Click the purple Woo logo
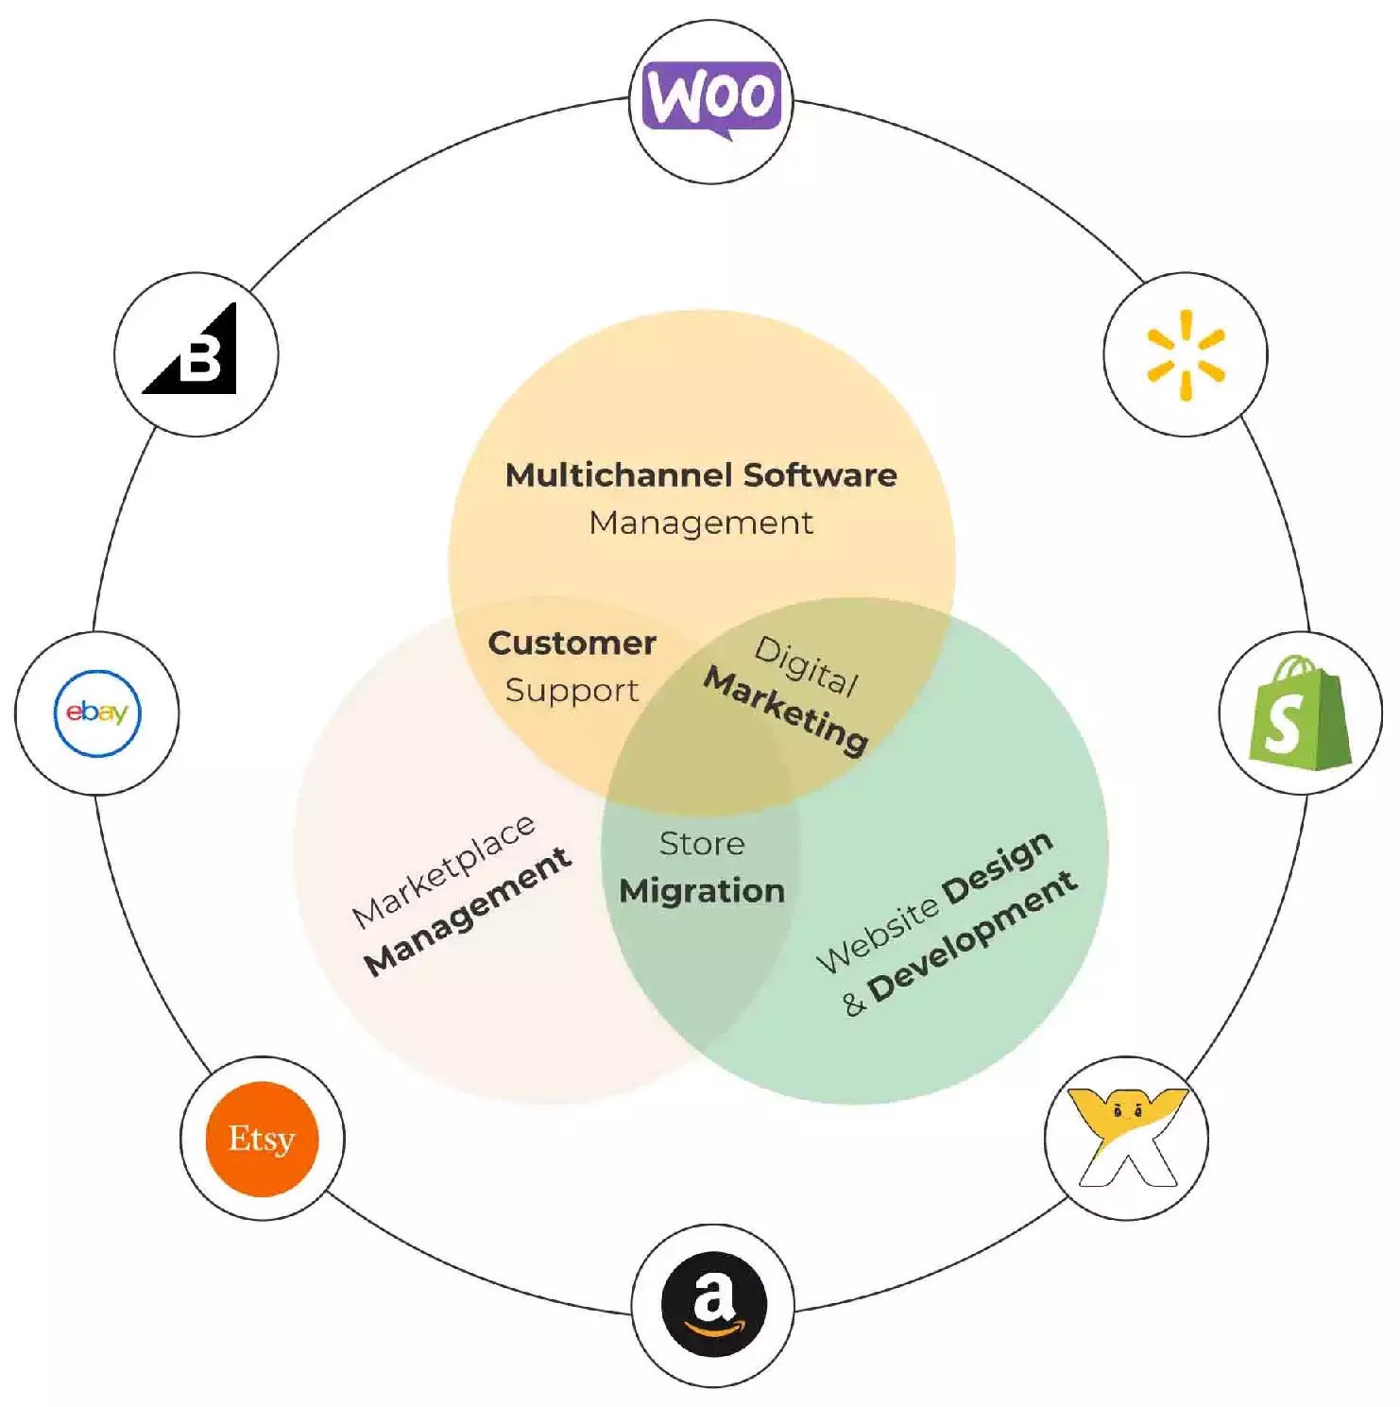(x=712, y=98)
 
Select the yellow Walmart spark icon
(x=1186, y=354)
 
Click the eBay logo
(x=97, y=712)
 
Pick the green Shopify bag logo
(x=1300, y=713)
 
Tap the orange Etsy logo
(x=263, y=1139)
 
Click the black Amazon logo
(x=713, y=1304)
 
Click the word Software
(x=820, y=474)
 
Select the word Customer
(x=572, y=643)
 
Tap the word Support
(x=572, y=691)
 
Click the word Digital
(x=807, y=666)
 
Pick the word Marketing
(x=786, y=711)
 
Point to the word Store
(x=702, y=843)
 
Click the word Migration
(x=702, y=891)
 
